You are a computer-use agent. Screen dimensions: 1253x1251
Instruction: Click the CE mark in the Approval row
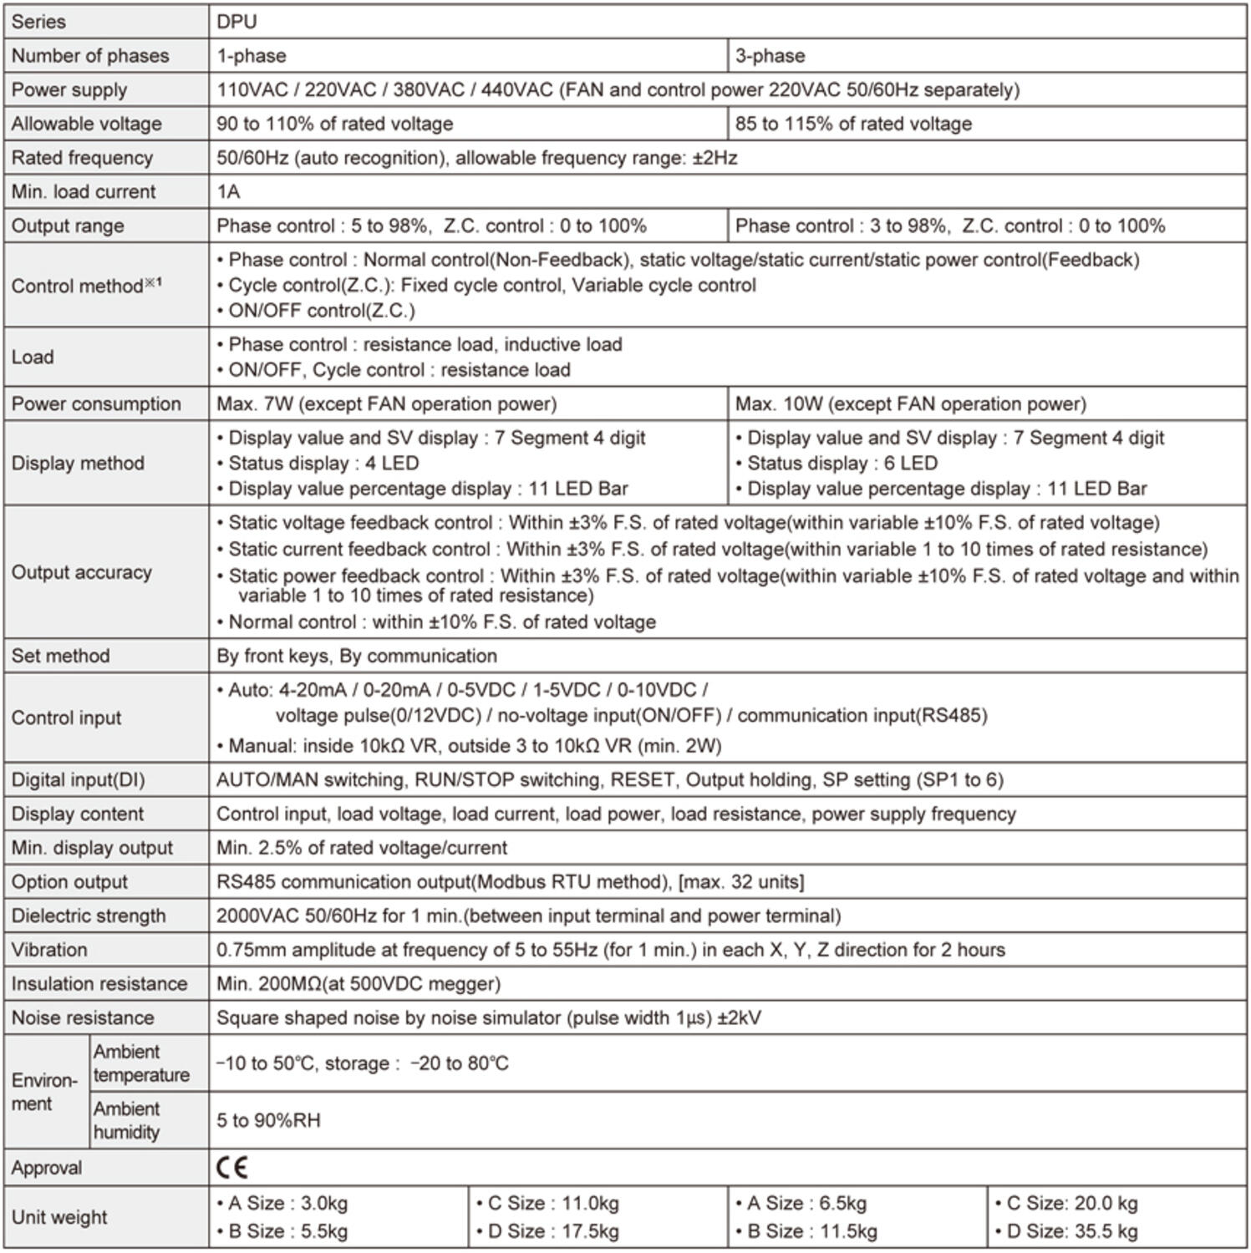(x=231, y=1167)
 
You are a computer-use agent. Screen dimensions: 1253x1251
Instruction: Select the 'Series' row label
(x=38, y=22)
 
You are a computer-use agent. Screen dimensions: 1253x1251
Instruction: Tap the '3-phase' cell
(x=770, y=56)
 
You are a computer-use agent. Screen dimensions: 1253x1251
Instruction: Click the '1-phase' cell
(x=252, y=56)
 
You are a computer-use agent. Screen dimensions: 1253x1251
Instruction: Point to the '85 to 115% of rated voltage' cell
(x=853, y=124)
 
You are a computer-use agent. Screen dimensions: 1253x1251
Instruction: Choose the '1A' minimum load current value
(x=228, y=191)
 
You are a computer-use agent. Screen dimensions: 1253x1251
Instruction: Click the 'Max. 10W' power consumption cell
(x=910, y=403)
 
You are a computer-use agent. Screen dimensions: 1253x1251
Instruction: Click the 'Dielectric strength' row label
(x=89, y=916)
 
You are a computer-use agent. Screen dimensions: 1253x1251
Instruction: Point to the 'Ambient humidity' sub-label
(x=126, y=1120)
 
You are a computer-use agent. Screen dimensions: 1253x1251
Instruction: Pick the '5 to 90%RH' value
(x=268, y=1120)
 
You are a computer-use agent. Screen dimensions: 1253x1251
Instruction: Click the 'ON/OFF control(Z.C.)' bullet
(x=321, y=311)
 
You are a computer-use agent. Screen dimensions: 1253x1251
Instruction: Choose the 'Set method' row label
(x=60, y=656)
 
